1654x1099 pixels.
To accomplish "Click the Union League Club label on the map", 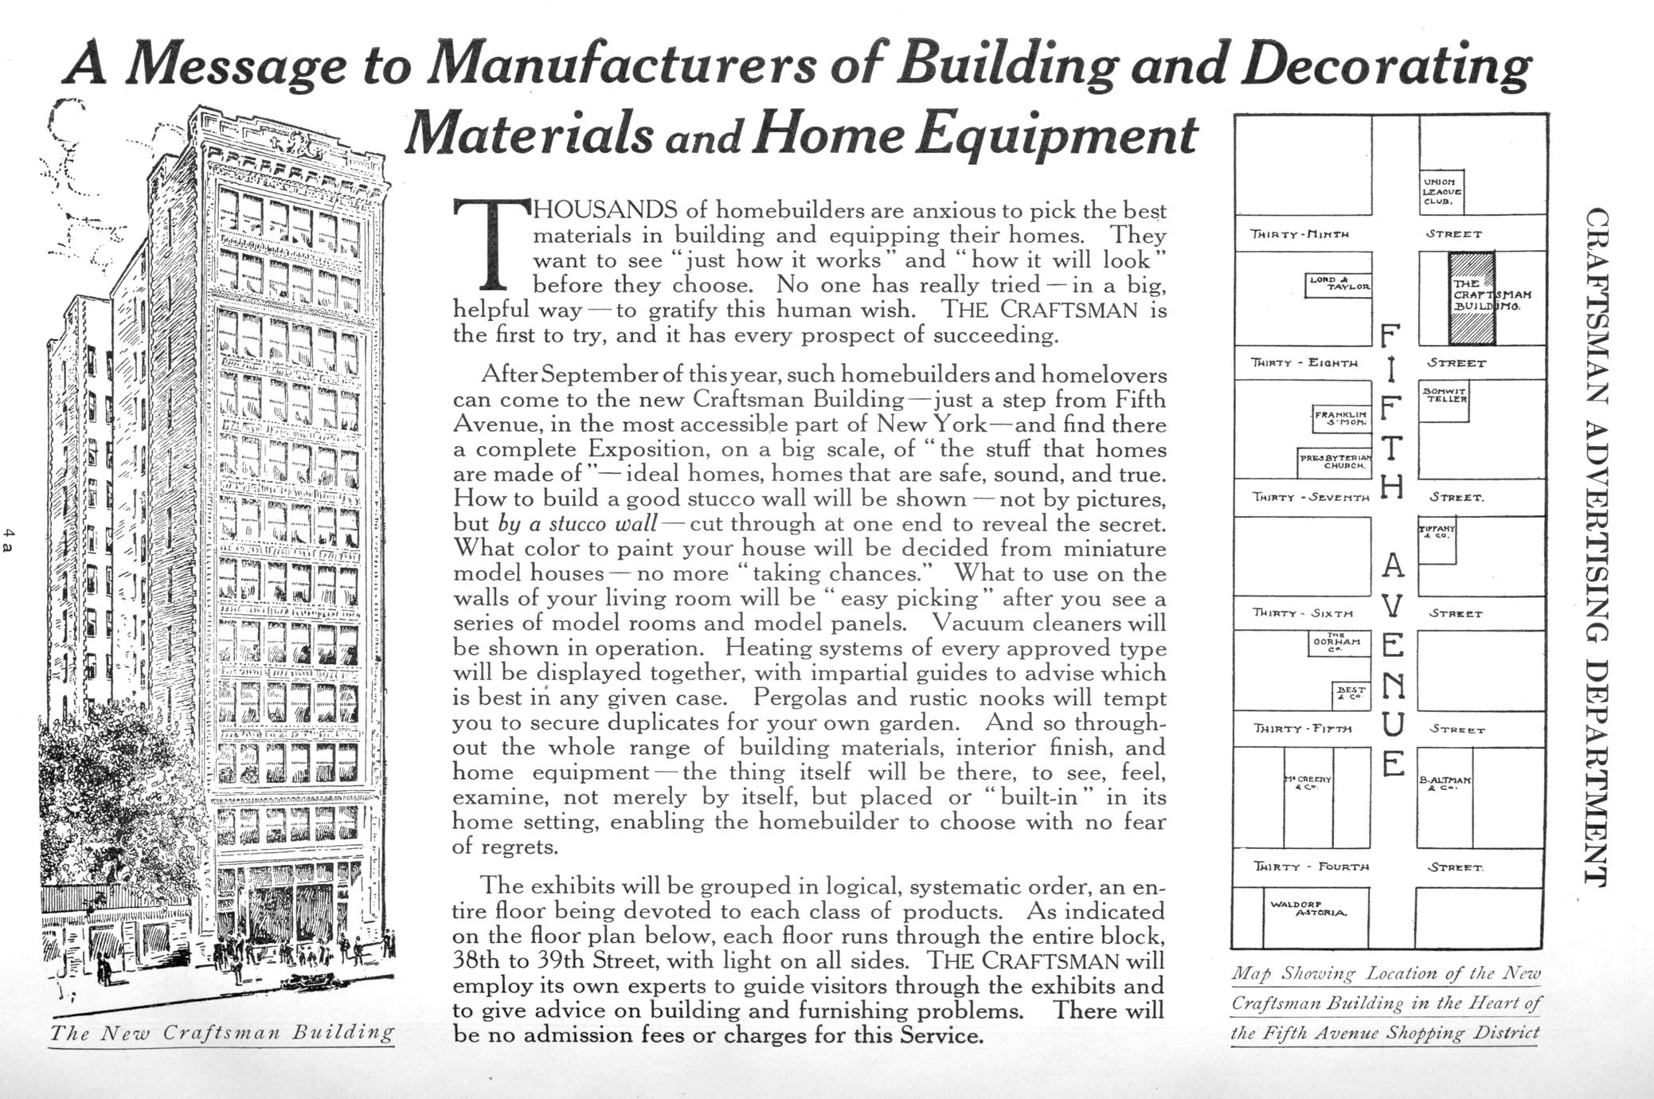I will [1442, 192].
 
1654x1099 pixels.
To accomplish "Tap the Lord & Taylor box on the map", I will [1339, 284].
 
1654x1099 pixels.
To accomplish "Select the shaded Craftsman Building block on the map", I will [1471, 297].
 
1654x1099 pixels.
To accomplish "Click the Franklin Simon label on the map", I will [1341, 418].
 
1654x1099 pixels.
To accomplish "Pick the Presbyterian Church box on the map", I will [1335, 462].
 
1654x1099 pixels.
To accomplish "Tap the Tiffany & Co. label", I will [1437, 531].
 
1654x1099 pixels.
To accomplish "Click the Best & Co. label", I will [1351, 694].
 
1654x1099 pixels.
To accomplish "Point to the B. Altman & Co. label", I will [1445, 784].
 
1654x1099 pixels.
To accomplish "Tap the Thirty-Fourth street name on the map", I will [1311, 866].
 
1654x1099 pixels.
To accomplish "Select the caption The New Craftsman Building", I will [222, 1034].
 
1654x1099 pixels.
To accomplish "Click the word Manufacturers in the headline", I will [622, 67].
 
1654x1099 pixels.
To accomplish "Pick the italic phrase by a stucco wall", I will [578, 524].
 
